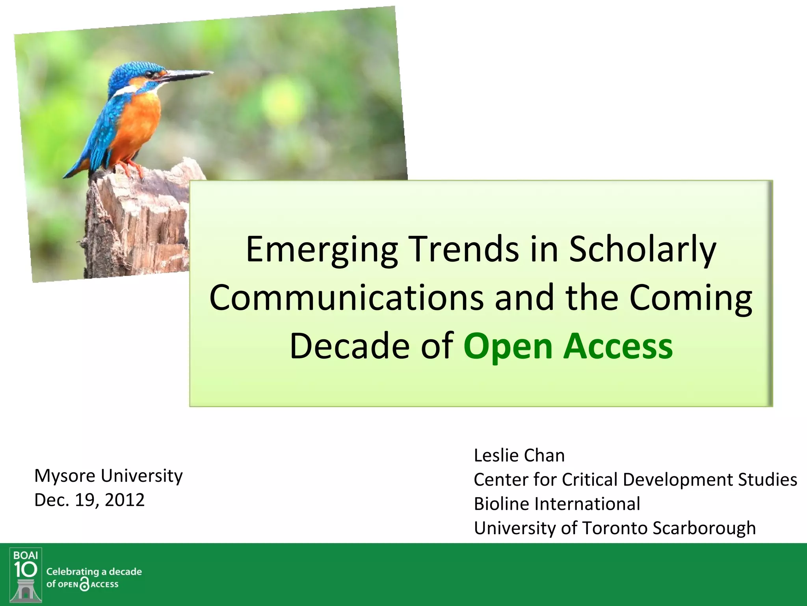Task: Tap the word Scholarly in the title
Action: (x=642, y=250)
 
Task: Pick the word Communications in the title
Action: (x=347, y=298)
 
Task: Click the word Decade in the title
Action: (x=350, y=346)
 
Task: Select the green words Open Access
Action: (x=568, y=346)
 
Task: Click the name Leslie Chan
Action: (x=519, y=456)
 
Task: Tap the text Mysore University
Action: (x=108, y=476)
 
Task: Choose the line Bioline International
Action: (x=557, y=504)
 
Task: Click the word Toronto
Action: (x=614, y=528)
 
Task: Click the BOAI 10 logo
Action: (x=26, y=574)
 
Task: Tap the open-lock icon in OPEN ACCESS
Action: (x=84, y=584)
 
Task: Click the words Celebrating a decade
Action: (x=94, y=572)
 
